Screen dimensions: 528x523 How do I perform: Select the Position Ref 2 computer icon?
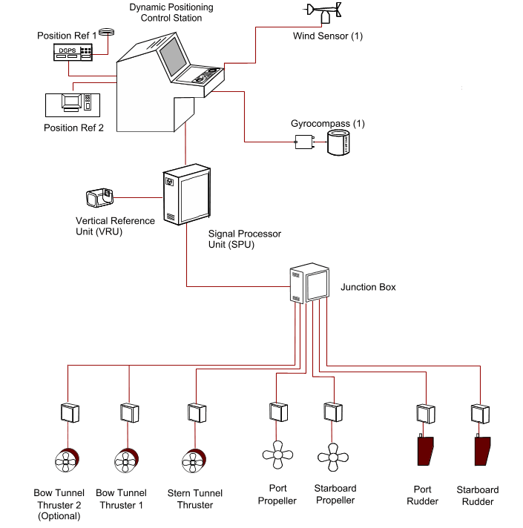[x=72, y=103]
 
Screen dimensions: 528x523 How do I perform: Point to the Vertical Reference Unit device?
[x=100, y=198]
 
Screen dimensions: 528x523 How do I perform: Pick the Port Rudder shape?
[x=425, y=451]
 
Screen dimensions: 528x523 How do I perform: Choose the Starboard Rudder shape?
[x=482, y=451]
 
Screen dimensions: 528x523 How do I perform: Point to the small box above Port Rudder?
[x=425, y=412]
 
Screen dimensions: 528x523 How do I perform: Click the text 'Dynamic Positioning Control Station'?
[x=171, y=13]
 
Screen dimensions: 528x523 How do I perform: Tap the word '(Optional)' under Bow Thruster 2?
[x=58, y=516]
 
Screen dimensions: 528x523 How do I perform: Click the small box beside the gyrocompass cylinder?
[x=304, y=142]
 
